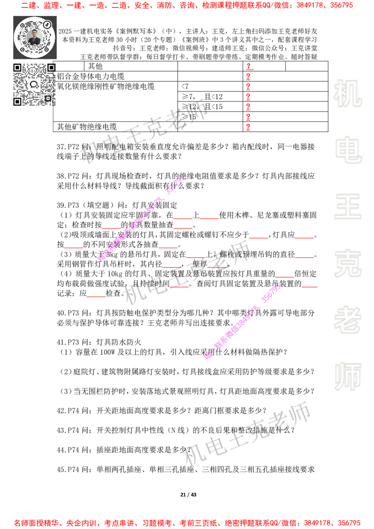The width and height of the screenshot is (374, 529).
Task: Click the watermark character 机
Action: point(347,93)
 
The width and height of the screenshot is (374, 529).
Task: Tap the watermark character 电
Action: point(349,150)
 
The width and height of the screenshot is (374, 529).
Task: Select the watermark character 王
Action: point(347,207)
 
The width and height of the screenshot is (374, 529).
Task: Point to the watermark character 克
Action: point(347,264)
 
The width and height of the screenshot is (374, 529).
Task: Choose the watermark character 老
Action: point(347,320)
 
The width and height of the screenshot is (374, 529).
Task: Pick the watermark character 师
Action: point(347,377)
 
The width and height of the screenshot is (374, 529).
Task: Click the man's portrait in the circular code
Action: point(35,37)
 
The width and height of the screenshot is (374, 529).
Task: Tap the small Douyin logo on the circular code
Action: point(47,24)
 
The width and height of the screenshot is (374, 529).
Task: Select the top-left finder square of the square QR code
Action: point(17,68)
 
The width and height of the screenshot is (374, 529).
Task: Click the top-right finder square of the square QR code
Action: point(51,68)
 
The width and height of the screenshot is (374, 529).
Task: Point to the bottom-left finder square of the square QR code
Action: point(17,101)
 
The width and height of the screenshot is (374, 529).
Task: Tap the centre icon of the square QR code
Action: point(34,85)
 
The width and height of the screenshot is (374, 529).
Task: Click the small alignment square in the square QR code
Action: point(48,98)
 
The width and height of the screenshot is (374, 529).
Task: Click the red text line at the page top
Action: point(187,6)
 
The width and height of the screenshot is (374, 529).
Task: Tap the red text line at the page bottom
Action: point(187,523)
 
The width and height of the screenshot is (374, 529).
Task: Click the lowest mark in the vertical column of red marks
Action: point(248,127)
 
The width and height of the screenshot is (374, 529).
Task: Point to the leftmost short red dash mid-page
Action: point(73,248)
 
